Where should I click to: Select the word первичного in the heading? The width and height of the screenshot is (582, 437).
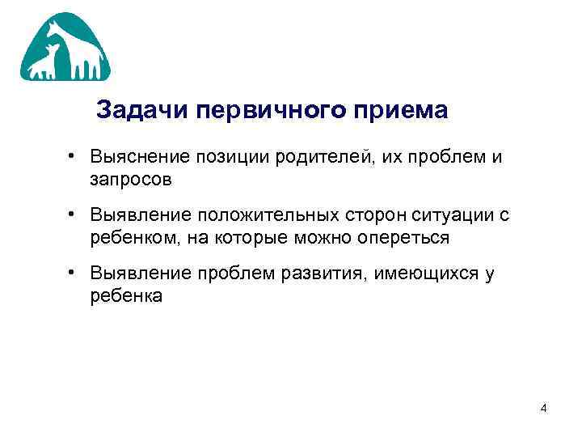point(282,110)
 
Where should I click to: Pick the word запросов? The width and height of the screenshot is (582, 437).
point(131,180)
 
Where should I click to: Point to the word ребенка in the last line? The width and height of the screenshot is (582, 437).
point(126,296)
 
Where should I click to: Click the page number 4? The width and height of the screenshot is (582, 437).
point(544,408)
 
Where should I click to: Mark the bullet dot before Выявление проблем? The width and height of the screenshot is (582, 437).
point(72,272)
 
